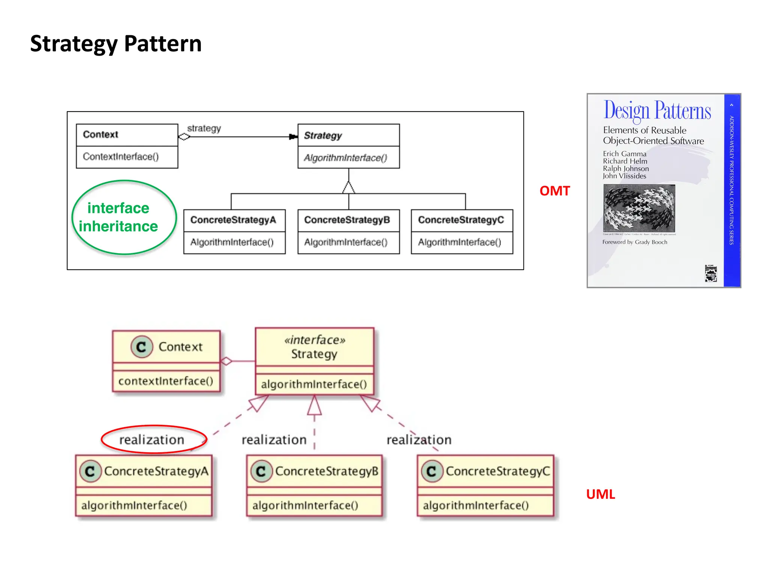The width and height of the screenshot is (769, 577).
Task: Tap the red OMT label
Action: point(554,191)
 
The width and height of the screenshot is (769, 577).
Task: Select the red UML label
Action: point(600,494)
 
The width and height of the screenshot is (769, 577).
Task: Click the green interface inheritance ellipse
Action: point(124,217)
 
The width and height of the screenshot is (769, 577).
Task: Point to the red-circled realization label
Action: point(152,440)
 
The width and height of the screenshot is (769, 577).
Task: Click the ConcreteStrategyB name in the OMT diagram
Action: point(347,220)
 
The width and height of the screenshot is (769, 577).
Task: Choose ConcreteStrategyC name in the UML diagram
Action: point(498,471)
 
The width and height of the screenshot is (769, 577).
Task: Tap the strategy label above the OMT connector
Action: point(204,128)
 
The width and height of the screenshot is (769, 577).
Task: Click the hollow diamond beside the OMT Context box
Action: point(184,137)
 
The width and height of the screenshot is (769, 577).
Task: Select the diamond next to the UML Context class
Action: point(226,361)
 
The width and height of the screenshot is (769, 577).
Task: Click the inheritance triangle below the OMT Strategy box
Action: point(348,187)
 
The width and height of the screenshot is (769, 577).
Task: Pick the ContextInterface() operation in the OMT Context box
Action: point(121,157)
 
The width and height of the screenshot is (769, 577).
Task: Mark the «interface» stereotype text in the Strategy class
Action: point(315,340)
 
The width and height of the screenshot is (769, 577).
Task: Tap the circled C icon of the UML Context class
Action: point(142,347)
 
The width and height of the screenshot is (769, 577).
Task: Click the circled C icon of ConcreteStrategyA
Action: point(90,471)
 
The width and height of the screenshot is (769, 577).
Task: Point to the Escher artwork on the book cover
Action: point(639,208)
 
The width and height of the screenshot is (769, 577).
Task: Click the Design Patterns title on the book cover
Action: point(657,110)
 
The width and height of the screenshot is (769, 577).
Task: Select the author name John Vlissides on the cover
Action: point(624,176)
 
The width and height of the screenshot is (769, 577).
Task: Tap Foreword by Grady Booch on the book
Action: point(635,242)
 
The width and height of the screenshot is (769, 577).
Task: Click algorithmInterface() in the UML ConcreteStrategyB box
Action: point(305,505)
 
